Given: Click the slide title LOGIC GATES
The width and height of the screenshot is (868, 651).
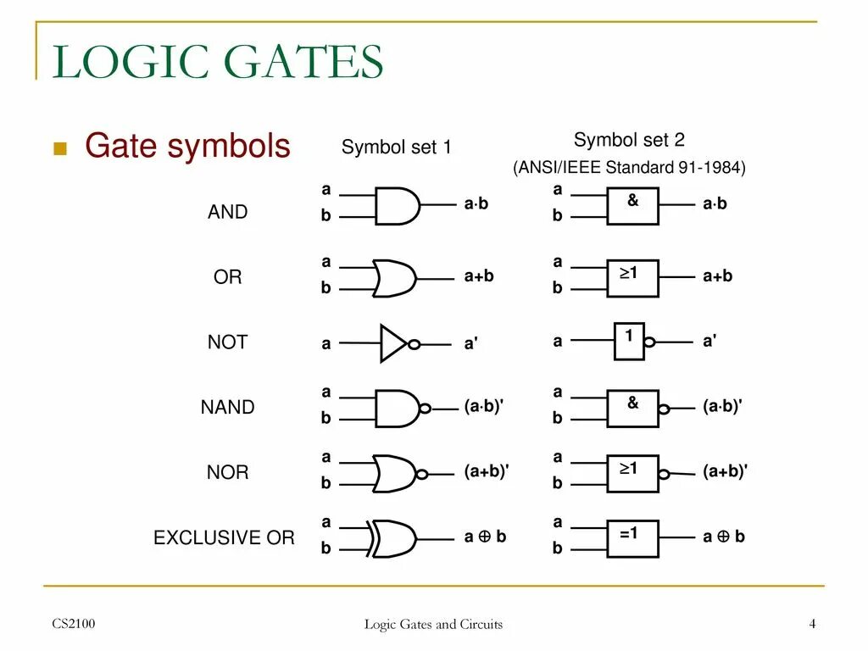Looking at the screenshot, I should coord(218,63).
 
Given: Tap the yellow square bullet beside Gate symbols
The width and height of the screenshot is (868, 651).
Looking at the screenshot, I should coord(59,149).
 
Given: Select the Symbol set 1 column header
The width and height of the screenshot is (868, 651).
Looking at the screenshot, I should coord(396,147).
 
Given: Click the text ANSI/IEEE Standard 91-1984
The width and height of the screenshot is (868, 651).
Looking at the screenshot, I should coord(629,168).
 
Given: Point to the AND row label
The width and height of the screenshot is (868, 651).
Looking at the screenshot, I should coord(227,212).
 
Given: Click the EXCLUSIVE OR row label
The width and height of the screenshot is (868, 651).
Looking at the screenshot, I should coord(224,537).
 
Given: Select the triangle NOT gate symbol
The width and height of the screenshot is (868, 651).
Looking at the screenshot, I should coord(393,343).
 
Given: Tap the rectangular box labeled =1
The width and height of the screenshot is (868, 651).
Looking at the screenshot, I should coord(632,537).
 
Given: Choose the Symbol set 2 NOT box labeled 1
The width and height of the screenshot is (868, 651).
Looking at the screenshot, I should coord(629,341).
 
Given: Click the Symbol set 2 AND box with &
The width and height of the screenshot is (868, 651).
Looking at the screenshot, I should coord(632,205).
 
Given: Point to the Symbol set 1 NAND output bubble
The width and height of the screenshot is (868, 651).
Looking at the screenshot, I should coord(426,409).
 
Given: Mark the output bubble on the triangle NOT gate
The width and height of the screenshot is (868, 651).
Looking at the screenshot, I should coord(414,344).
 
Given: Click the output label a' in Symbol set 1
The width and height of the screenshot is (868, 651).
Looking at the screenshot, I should coord(471,344).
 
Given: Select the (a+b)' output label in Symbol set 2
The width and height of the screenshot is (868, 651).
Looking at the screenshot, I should coord(725,471).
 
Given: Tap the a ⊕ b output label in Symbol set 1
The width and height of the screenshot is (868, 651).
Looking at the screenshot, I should coord(485,537).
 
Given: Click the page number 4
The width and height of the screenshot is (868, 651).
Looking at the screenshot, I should coord(812,625).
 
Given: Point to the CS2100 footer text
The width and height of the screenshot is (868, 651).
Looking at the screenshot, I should coord(74,625).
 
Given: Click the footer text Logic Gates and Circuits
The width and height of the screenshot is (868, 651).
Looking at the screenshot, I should coord(433,625).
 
